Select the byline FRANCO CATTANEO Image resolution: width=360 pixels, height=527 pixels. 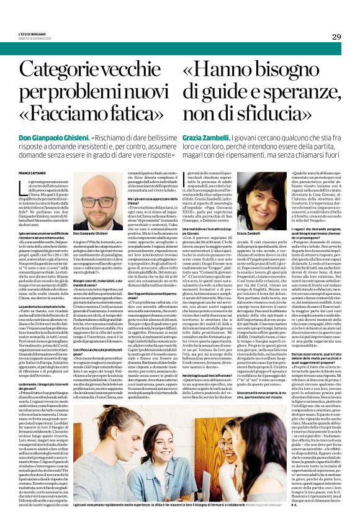pyautogui.click(x=32, y=171)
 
